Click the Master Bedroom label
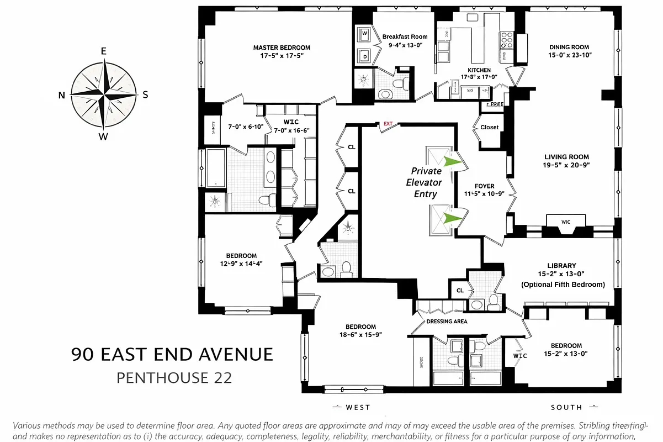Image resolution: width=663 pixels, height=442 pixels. tap(282, 48)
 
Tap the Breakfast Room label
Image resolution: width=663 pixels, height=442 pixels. tap(405, 37)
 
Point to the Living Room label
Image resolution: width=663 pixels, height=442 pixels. tap(566, 157)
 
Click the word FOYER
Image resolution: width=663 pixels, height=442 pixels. tap(484, 186)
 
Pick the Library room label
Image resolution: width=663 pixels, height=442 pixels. tap(562, 266)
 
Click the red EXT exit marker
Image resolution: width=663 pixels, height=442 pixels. tap(388, 124)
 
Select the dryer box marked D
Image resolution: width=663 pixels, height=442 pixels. tap(365, 55)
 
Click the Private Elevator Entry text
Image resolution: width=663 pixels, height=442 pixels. tap(424, 182)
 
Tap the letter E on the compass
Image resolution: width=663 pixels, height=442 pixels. tap(103, 51)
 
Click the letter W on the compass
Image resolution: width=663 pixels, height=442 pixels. tap(103, 137)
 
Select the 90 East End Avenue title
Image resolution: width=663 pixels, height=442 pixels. tap(172, 354)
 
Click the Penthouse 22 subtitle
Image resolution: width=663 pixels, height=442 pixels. tap(174, 378)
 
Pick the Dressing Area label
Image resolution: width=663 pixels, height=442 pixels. tap(447, 322)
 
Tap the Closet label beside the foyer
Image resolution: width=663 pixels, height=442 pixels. tap(489, 127)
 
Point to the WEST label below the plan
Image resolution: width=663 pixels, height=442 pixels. tap(358, 408)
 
